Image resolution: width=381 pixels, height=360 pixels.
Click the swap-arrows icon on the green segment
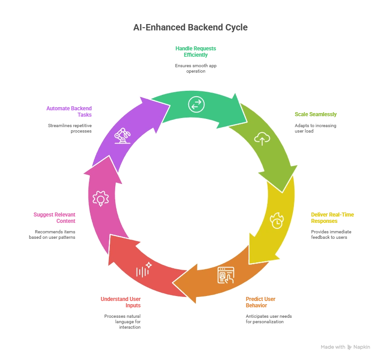click(196, 105)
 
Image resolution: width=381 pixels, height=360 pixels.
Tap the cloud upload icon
click(262, 138)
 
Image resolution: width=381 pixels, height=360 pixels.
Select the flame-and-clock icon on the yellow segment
click(277, 220)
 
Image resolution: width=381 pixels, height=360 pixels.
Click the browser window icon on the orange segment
click(226, 275)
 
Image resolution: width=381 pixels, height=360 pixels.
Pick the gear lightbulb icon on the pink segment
click(100, 198)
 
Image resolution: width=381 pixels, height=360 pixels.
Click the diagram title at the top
click(190, 28)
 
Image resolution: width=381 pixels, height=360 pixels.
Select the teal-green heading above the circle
click(196, 51)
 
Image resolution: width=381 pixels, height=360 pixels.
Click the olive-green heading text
click(316, 114)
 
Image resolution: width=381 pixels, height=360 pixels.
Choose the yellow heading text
click(332, 218)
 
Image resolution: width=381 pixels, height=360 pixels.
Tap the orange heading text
click(260, 302)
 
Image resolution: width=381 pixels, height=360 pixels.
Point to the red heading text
click(120, 302)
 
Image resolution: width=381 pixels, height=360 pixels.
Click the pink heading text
click(54, 218)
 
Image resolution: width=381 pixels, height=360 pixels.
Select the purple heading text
click(68, 112)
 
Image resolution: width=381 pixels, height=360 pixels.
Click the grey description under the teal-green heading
click(196, 68)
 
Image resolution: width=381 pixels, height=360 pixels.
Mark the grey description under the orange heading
click(269, 317)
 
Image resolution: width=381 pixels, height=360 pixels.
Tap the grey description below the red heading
click(122, 321)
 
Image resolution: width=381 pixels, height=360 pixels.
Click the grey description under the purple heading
click(71, 128)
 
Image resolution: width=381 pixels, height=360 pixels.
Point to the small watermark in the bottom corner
click(344, 347)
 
